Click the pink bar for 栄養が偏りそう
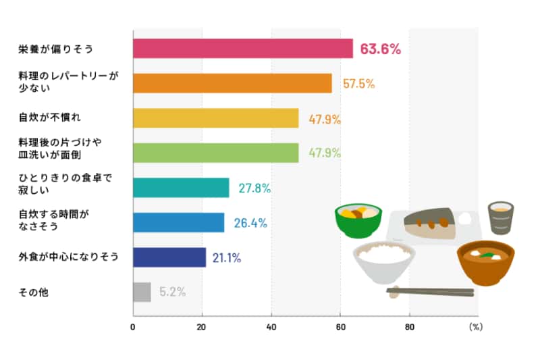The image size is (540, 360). click(x=243, y=49)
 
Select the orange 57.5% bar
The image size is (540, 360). click(x=232, y=83)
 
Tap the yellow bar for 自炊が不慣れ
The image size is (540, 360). click(x=216, y=118)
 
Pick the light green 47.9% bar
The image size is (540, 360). click(x=216, y=153)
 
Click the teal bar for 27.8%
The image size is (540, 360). click(x=181, y=188)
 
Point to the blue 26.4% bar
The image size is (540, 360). click(x=179, y=222)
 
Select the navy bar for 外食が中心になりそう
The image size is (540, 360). click(x=169, y=257)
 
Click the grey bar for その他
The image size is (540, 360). click(x=142, y=292)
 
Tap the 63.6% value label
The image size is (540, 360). click(x=381, y=49)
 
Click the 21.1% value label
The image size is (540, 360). click(x=227, y=257)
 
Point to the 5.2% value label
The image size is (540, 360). click(x=172, y=292)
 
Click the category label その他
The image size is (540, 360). click(x=34, y=292)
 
